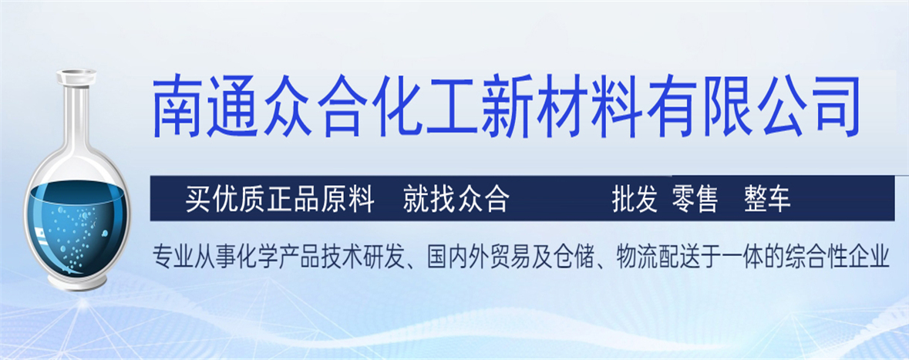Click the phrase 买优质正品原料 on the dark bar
tap(279, 200)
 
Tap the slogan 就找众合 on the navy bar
tap(456, 200)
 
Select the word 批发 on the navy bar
tap(635, 200)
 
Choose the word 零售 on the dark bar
tap(695, 200)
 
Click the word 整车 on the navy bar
tap(767, 200)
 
